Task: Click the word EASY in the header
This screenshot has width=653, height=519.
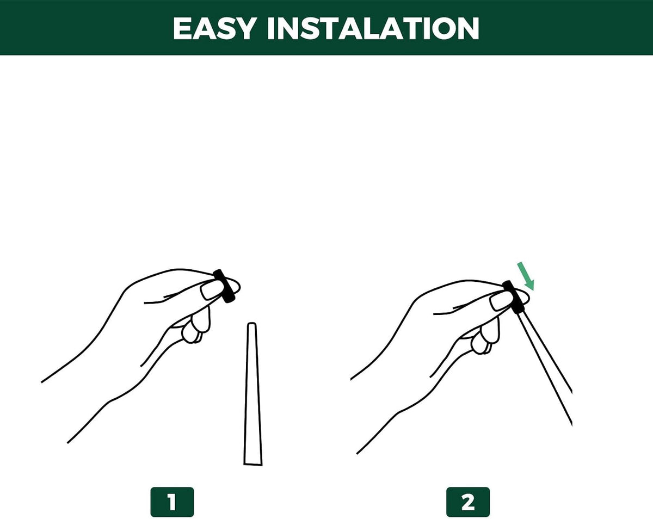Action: click(x=214, y=28)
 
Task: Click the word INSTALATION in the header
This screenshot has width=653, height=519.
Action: click(x=373, y=28)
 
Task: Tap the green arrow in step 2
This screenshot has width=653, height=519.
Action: click(x=526, y=276)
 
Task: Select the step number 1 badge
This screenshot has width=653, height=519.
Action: click(x=172, y=502)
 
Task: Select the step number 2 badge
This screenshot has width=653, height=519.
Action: click(x=468, y=502)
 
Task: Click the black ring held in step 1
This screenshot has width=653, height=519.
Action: click(x=224, y=286)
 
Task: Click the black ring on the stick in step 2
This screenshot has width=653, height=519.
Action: click(x=513, y=297)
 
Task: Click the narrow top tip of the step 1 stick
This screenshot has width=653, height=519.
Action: click(x=252, y=323)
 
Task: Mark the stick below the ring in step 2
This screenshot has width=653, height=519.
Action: click(x=545, y=368)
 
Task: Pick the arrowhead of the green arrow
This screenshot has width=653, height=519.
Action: click(x=529, y=285)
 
